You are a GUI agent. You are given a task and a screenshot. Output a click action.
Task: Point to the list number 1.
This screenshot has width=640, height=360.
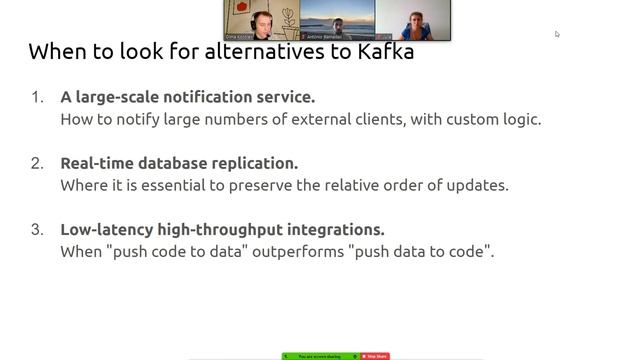click(37, 98)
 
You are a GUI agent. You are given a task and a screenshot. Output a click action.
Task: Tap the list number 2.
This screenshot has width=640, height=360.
click(37, 163)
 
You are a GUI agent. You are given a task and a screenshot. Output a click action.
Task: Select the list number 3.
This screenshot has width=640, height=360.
click(37, 229)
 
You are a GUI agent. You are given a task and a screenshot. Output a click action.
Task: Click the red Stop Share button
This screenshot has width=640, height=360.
click(376, 356)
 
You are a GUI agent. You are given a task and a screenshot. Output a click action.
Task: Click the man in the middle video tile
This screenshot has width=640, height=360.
click(337, 24)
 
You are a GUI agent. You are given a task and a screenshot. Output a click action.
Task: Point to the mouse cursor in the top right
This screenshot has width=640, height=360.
click(557, 34)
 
